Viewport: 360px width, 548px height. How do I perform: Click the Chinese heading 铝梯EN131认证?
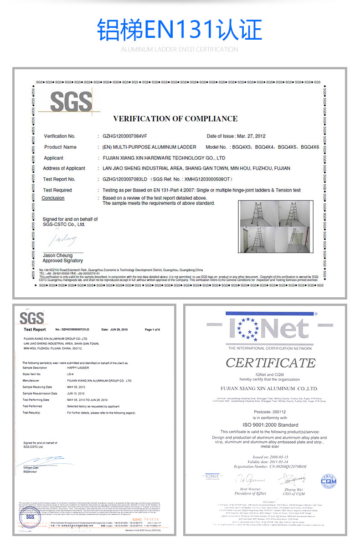[x=180, y=30]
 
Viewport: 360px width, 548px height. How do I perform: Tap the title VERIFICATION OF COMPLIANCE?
[x=175, y=119]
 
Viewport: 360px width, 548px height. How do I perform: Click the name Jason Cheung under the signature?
[x=57, y=255]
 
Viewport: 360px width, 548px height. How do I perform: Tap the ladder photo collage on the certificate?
[x=276, y=227]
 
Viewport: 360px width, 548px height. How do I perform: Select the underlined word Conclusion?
[x=53, y=198]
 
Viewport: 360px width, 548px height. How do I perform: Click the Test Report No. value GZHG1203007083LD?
[x=123, y=179]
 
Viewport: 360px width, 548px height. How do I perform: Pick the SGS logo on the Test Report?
[x=32, y=318]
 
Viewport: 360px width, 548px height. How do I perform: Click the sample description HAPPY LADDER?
[x=78, y=367]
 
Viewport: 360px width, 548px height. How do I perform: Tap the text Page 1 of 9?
[x=152, y=329]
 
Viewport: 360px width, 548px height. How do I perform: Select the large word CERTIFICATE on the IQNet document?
[x=270, y=363]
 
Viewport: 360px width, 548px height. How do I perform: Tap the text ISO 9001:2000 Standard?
[x=270, y=424]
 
